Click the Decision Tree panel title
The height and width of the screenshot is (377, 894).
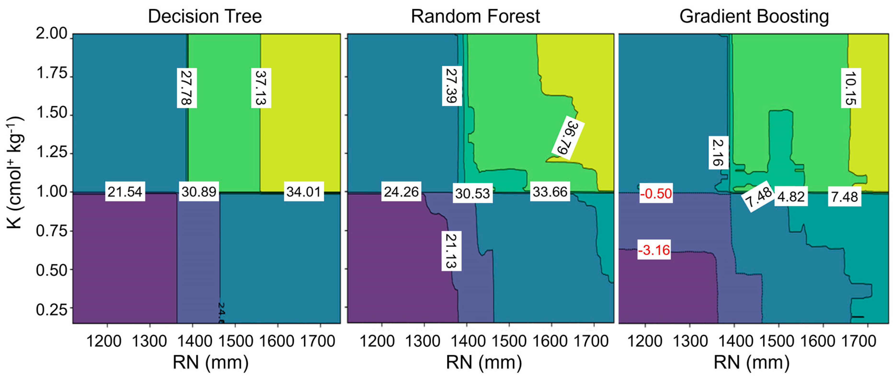(x=205, y=16)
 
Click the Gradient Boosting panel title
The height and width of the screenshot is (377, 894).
(x=754, y=16)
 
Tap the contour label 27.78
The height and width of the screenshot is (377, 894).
(x=187, y=88)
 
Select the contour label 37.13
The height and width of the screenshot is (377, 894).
(x=261, y=88)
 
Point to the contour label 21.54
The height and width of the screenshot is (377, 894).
(x=125, y=191)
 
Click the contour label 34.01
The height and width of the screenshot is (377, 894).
(x=304, y=191)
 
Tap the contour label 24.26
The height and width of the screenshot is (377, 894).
(x=401, y=191)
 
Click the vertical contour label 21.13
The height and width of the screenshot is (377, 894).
(x=451, y=251)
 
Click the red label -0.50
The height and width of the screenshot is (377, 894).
(x=656, y=193)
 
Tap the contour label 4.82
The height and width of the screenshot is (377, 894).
(x=791, y=197)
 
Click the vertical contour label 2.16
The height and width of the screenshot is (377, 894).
(x=718, y=153)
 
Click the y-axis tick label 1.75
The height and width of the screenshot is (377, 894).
(x=52, y=73)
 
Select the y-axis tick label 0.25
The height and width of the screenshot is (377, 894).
(x=52, y=309)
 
